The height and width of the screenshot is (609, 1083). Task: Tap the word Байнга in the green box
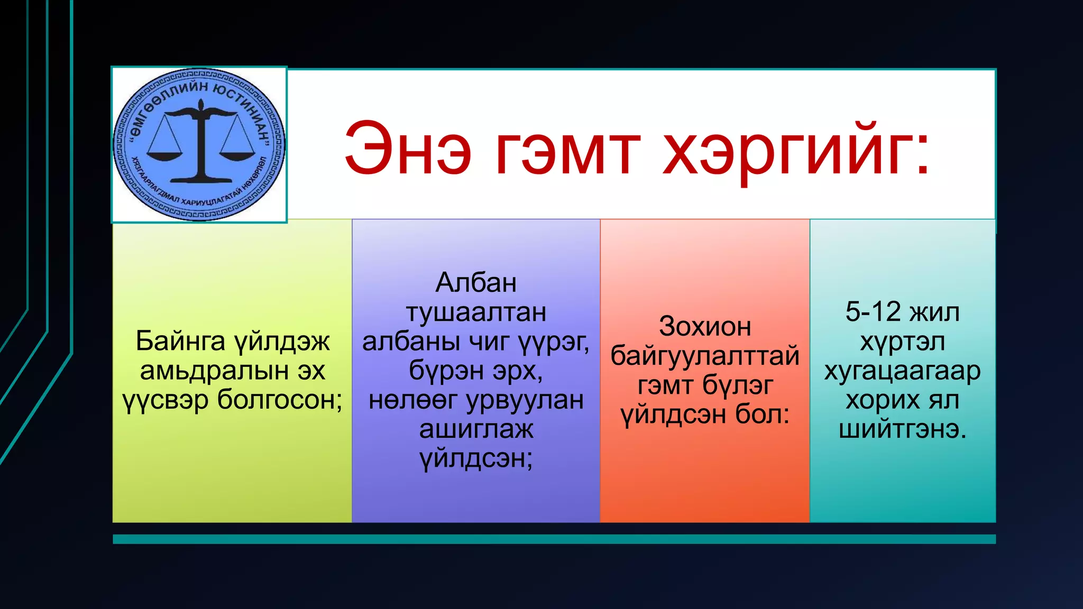coord(180,341)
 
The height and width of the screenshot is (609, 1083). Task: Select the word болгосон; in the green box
coord(280,400)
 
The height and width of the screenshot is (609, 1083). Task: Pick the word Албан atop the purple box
coord(475,283)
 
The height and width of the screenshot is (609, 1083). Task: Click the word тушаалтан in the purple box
coord(475,312)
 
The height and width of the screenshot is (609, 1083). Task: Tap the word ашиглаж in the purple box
coord(475,429)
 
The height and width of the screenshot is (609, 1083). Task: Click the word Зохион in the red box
coord(704,327)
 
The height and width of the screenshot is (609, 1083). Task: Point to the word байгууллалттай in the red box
coord(704,356)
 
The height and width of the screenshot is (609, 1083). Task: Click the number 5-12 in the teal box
coord(873,312)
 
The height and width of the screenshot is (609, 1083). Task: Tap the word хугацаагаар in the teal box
coord(902,371)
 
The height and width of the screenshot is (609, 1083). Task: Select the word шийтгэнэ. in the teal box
coord(902,429)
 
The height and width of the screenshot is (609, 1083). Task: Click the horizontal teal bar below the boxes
coord(554,539)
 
